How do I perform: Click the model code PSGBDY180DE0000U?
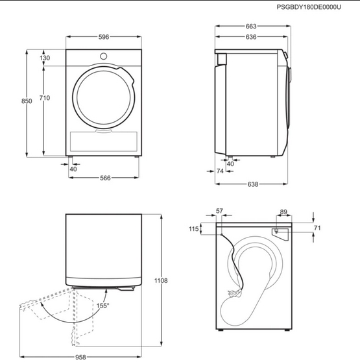pos(309,7)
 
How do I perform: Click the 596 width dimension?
pos(104,37)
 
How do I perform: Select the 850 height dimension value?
pos(27,101)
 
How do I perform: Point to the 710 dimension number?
pos(45,98)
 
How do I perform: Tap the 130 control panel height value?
pos(45,58)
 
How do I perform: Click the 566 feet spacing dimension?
pos(105,178)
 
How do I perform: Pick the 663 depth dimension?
pos(251,27)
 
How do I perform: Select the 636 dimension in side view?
pos(251,37)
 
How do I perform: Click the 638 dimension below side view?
pos(253,184)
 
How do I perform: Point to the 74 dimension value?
pos(220,171)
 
